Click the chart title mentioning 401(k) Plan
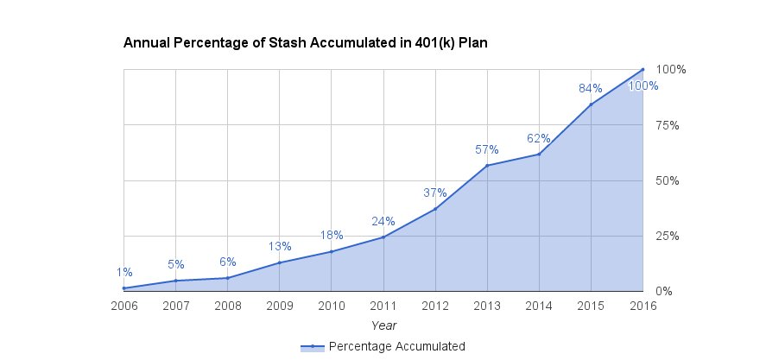(x=306, y=42)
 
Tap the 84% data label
(x=591, y=88)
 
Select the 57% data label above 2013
(x=487, y=150)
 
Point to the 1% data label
(x=124, y=273)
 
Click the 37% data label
(x=435, y=193)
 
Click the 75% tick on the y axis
(x=668, y=125)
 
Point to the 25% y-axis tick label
(x=668, y=236)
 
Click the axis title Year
(x=383, y=325)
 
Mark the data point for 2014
(x=539, y=154)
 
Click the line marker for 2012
(x=435, y=209)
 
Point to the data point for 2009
(x=280, y=262)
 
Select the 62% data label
(x=539, y=138)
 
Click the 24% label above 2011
(x=383, y=220)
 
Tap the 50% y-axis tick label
(x=668, y=180)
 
